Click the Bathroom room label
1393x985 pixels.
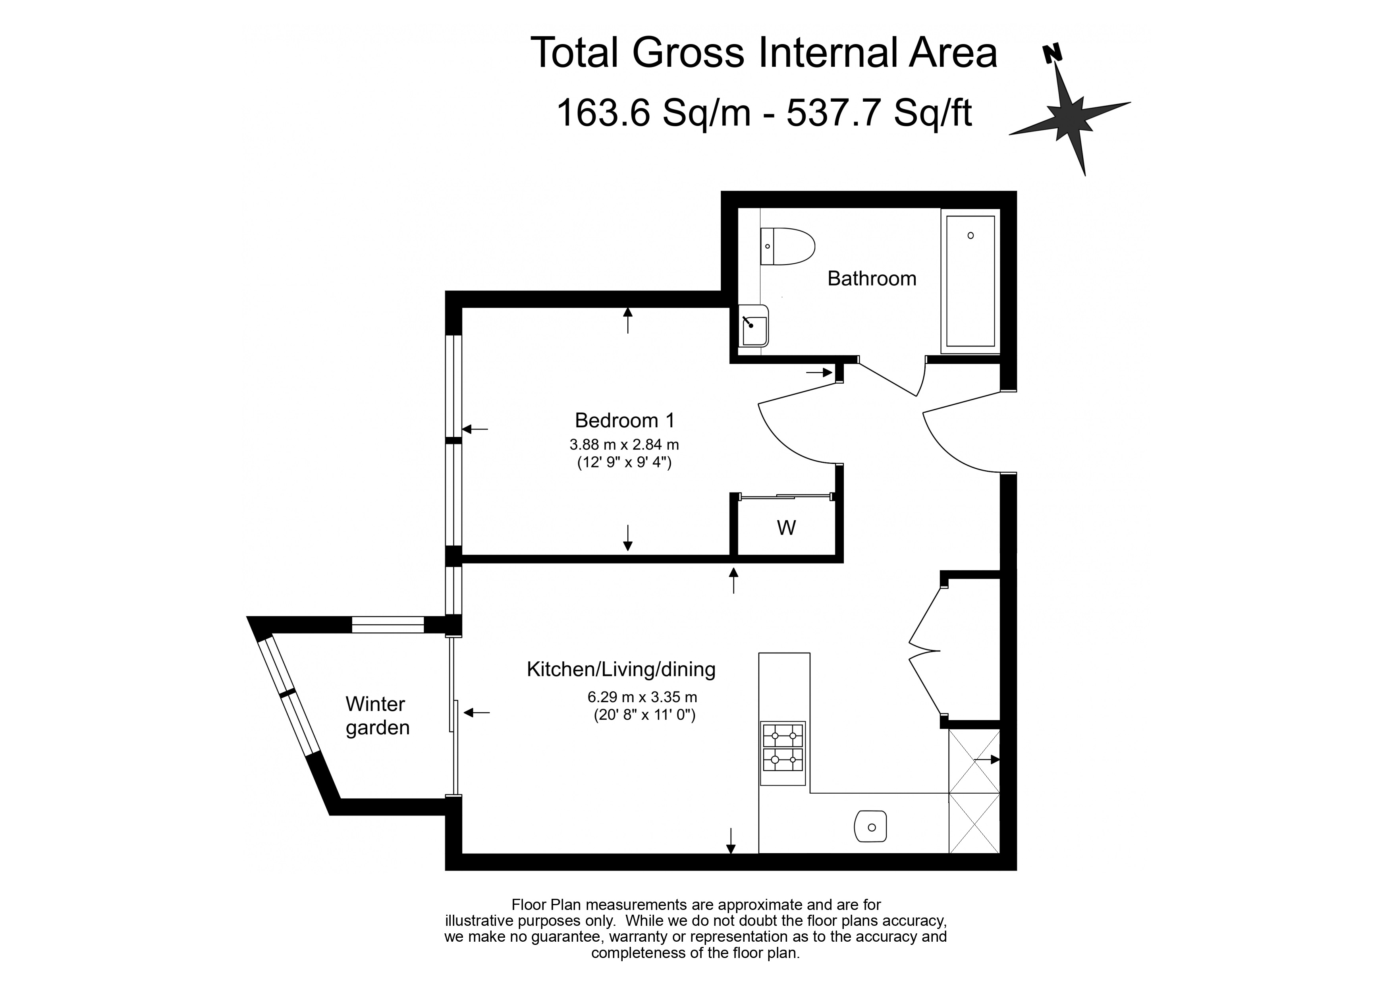click(872, 278)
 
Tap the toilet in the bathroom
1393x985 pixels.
click(787, 246)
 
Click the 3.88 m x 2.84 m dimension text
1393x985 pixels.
click(624, 444)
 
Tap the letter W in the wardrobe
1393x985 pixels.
click(786, 528)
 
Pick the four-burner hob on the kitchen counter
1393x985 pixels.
click(783, 753)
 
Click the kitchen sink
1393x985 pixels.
click(870, 827)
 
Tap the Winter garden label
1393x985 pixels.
click(377, 716)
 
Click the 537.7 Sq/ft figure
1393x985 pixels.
click(879, 113)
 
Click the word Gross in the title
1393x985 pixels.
click(688, 53)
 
